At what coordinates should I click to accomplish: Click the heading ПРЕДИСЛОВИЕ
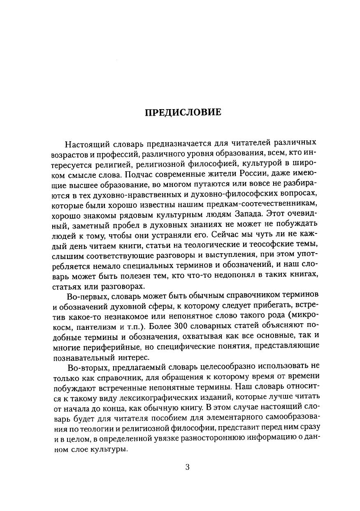(183, 112)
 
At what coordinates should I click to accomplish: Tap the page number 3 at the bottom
(187, 467)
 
